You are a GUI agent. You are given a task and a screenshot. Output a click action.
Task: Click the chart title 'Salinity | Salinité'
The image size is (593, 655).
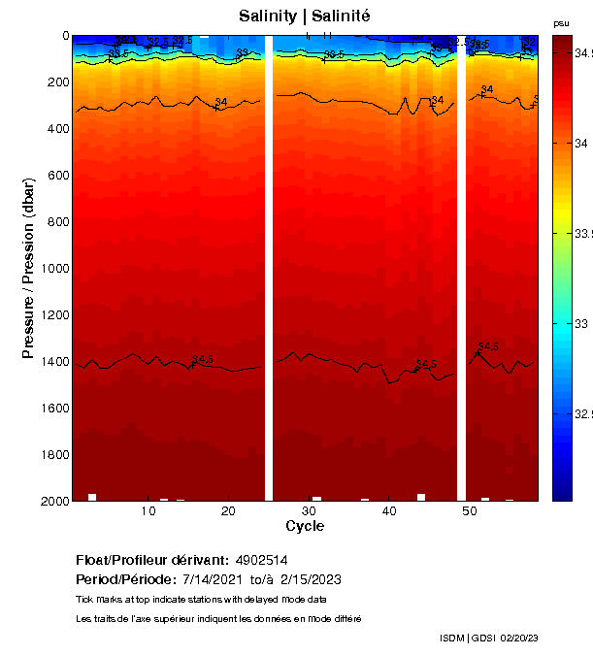click(x=304, y=16)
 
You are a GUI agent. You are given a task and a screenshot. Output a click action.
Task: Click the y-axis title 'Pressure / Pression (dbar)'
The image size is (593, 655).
click(x=29, y=267)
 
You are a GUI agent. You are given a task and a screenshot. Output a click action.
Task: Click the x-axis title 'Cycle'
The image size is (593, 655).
click(x=305, y=526)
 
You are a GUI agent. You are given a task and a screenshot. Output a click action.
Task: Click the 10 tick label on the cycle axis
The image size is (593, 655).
click(x=148, y=511)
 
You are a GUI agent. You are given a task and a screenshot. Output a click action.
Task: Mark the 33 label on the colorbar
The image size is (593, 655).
click(x=581, y=323)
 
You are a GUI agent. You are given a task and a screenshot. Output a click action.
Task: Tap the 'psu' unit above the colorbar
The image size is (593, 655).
click(x=561, y=23)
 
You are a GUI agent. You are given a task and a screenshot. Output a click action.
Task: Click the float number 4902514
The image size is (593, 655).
click(x=260, y=561)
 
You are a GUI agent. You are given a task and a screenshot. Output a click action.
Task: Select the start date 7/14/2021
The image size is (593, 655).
click(x=215, y=579)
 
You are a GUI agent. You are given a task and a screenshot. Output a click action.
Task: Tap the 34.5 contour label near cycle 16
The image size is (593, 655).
click(x=203, y=360)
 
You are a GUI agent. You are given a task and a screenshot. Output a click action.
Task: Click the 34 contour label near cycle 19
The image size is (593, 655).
click(x=221, y=102)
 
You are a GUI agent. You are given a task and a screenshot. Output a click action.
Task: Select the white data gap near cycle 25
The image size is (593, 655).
click(x=270, y=267)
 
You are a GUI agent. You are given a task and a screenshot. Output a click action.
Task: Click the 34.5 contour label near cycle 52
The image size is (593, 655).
click(x=488, y=346)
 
